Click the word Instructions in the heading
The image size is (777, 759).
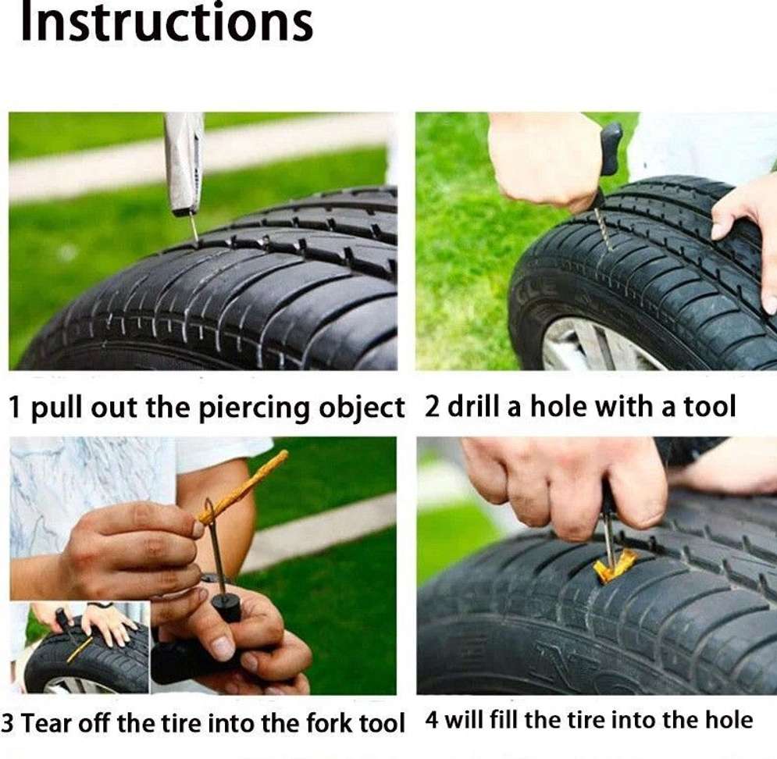pos(166,22)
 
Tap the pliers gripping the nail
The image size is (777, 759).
pos(184,163)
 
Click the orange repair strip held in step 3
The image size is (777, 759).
pos(244,486)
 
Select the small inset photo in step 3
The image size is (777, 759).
pos(80,647)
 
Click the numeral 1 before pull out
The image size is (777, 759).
pos(16,408)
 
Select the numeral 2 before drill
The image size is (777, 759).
pos(432,406)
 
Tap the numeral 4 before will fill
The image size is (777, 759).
pos(432,720)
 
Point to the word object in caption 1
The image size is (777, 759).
pos(362,408)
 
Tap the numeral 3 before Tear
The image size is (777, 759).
pos(8,723)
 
